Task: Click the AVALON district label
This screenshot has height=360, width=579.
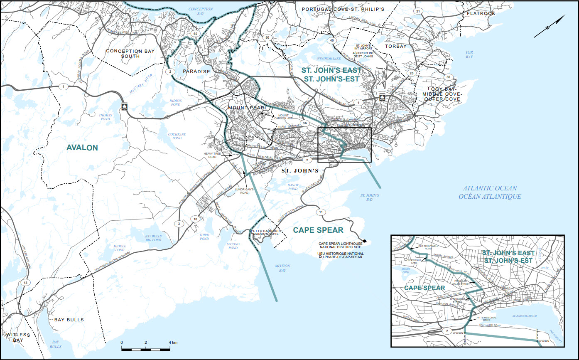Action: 82,148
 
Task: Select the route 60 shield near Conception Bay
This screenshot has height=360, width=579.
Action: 195,33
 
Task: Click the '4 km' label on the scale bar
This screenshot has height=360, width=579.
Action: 173,342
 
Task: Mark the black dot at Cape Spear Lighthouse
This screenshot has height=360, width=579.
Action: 365,241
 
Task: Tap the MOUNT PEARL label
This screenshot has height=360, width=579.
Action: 246,108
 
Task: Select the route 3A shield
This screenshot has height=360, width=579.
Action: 305,123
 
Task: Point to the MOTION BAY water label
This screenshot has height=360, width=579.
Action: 282,268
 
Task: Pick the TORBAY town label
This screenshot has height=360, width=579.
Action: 395,46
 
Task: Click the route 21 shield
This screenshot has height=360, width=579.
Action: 418,11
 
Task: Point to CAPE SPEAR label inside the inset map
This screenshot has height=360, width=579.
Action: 424,288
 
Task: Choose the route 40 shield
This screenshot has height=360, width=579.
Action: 331,40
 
